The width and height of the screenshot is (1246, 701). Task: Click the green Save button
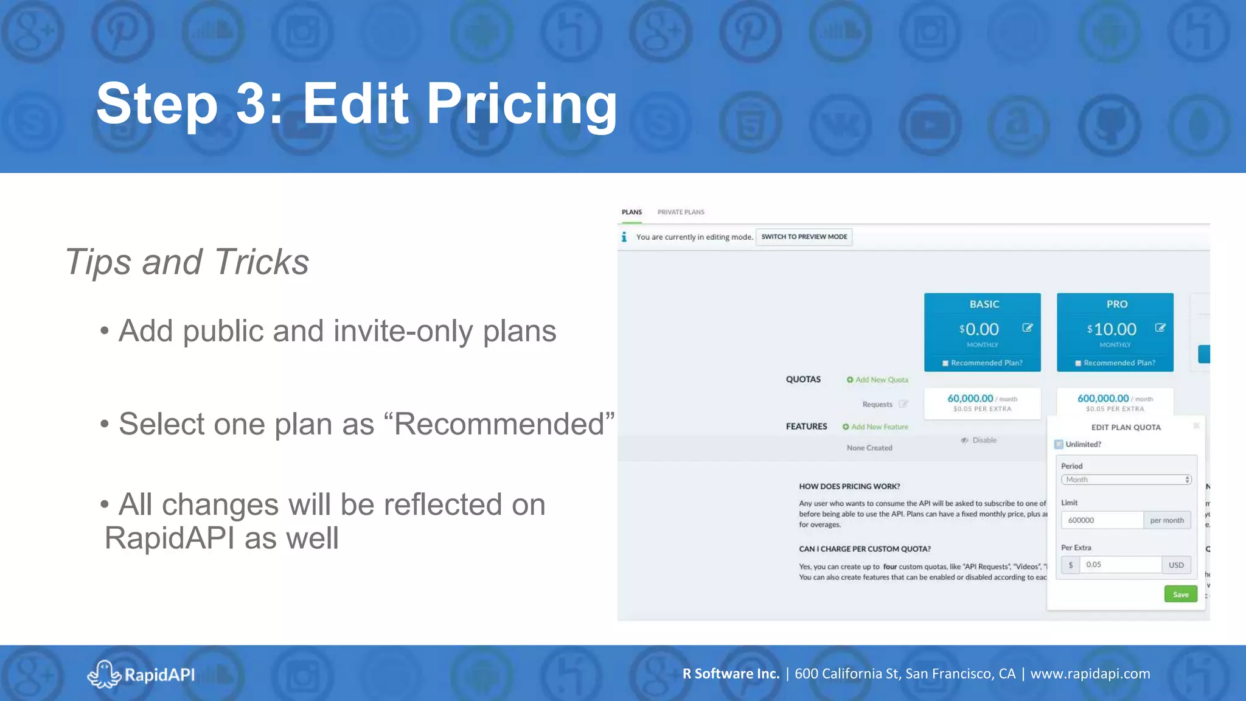coord(1180,594)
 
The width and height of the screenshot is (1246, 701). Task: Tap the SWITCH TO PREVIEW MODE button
coord(804,237)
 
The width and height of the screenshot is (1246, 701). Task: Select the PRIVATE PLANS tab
coord(680,212)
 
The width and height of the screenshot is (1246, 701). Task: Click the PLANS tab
coord(632,212)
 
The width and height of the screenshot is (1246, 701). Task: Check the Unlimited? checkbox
coord(1059,444)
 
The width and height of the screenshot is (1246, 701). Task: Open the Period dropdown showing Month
coord(1126,480)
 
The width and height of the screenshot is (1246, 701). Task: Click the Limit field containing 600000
coord(1102,520)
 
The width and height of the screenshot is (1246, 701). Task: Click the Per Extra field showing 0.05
coord(1119,565)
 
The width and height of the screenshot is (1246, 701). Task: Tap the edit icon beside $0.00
coord(1028,328)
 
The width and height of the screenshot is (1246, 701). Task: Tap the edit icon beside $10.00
coord(1160,328)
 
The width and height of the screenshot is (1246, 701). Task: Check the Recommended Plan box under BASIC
coord(945,363)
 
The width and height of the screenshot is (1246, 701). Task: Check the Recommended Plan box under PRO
coord(1078,363)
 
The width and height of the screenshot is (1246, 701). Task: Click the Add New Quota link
coord(877,380)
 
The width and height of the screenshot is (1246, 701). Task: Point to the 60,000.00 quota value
coord(970,399)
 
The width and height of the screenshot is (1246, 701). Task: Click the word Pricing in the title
coord(521,103)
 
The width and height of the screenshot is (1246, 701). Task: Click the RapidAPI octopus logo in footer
coord(104,674)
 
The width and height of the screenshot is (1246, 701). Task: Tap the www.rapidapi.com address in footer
coord(1090,674)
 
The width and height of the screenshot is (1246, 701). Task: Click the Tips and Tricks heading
coord(187,262)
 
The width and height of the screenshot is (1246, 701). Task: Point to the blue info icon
coord(624,237)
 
